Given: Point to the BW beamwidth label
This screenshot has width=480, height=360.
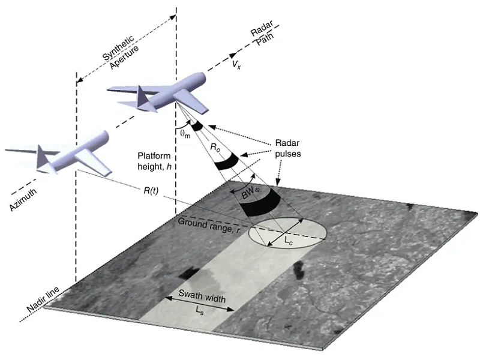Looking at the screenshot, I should tap(251, 194).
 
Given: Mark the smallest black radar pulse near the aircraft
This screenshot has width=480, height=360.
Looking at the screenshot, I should tap(195, 126).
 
